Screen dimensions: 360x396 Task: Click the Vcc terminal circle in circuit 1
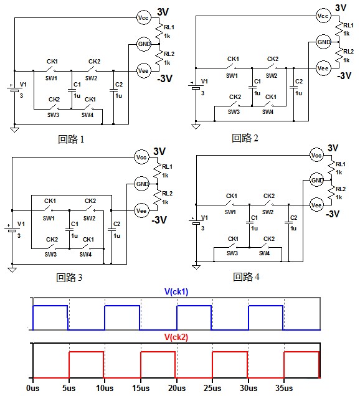(x=143, y=17)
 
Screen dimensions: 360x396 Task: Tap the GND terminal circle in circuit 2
(x=324, y=42)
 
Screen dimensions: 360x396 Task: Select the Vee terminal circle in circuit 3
(x=141, y=210)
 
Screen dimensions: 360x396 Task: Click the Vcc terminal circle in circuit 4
(x=316, y=155)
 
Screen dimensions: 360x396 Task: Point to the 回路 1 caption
(x=71, y=139)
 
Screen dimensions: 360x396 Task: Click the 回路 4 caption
(x=246, y=277)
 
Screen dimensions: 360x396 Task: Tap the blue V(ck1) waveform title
(x=176, y=291)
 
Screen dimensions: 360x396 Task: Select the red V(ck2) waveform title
(x=176, y=337)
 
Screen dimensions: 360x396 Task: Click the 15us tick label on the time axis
(x=141, y=388)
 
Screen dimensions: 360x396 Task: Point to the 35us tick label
(x=284, y=388)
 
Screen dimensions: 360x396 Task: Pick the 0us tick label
(x=33, y=388)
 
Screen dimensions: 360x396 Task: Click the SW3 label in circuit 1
(x=53, y=115)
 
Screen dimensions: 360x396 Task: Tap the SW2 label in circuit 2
(x=272, y=76)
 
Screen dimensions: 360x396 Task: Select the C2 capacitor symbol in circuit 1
(x=113, y=90)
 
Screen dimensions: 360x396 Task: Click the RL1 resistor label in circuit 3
(x=168, y=167)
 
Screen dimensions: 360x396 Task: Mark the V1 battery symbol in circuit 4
(x=196, y=222)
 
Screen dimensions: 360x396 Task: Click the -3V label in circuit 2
(x=344, y=76)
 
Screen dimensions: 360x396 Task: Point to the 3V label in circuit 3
(x=159, y=151)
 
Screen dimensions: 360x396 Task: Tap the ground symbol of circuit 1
(x=15, y=130)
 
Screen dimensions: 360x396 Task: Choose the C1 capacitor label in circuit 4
(x=254, y=218)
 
